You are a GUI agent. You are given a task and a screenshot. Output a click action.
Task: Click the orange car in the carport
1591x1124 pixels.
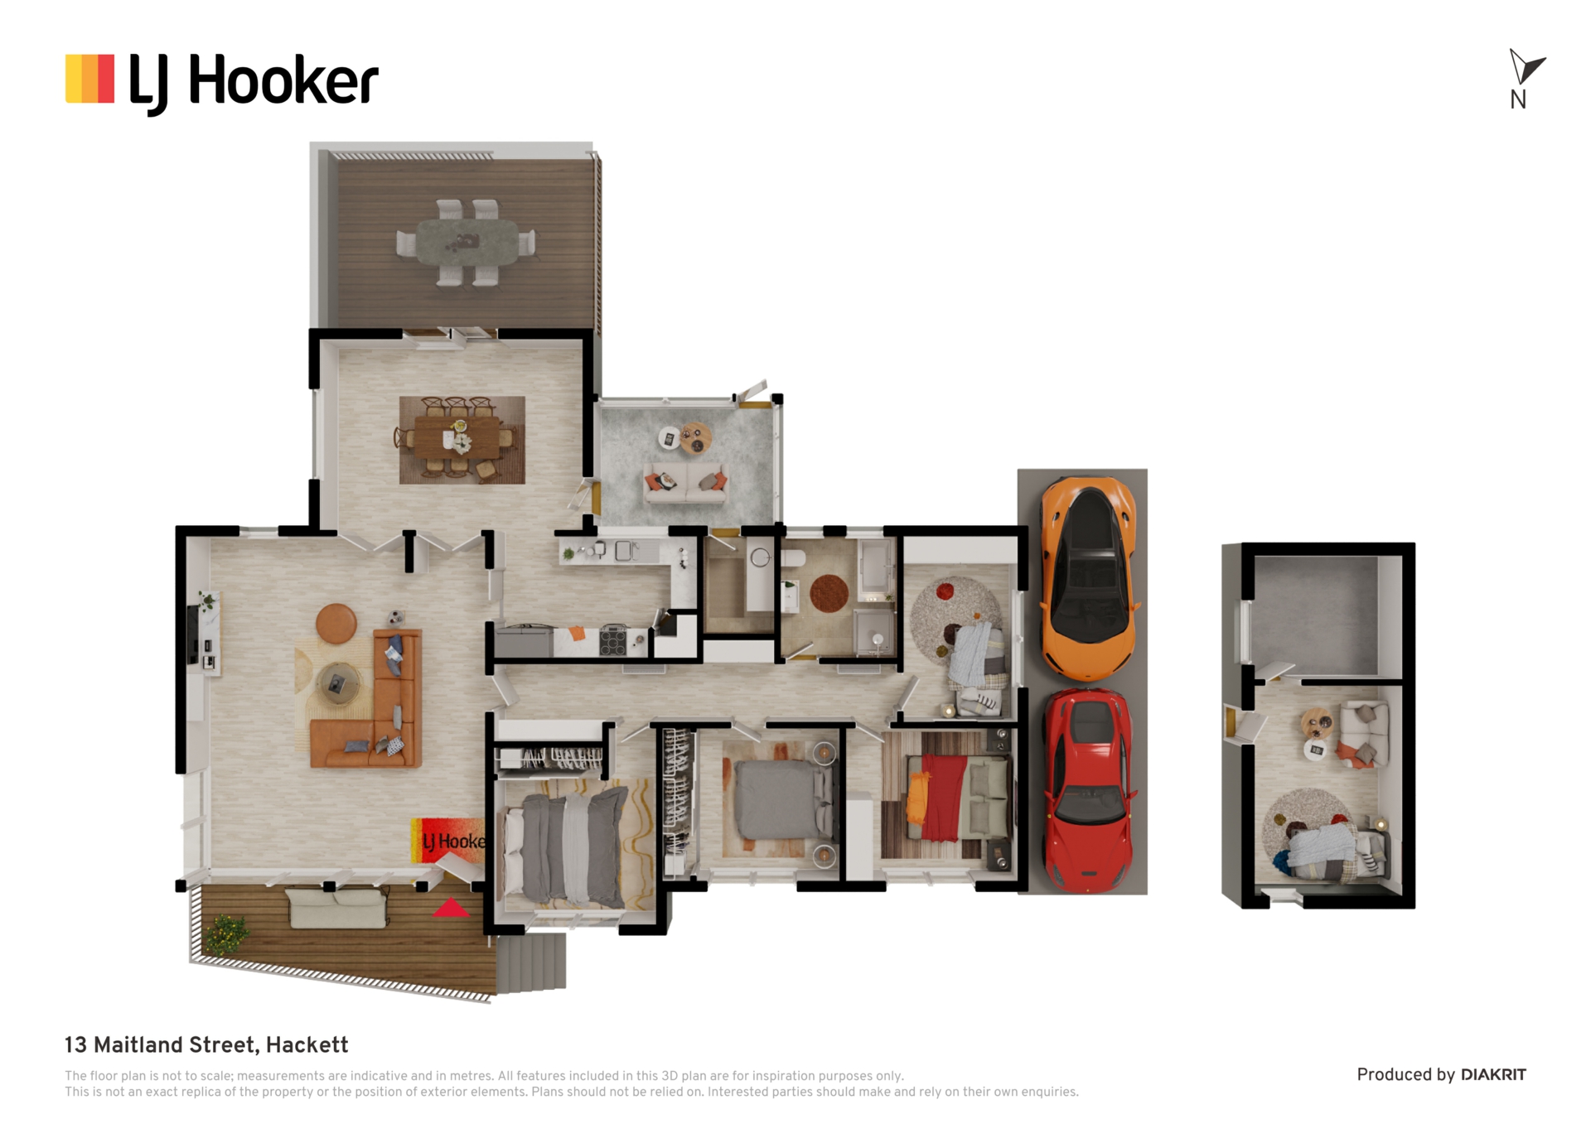point(1088,577)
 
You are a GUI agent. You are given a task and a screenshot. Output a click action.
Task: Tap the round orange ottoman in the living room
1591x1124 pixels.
point(336,623)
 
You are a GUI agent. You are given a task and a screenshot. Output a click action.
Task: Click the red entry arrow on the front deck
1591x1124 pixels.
point(451,908)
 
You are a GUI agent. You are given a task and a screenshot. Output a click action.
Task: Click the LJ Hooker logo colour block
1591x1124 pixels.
point(89,79)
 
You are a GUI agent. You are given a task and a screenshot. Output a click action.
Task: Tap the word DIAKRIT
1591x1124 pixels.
point(1493,1075)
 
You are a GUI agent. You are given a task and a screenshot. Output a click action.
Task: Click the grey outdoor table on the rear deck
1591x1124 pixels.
point(467,242)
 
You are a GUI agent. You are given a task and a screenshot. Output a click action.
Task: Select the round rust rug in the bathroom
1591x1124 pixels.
point(829,593)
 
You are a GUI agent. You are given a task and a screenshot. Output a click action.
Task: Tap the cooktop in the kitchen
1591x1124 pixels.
point(613,640)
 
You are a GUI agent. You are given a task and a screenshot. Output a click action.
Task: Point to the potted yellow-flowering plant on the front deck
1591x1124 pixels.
point(225,934)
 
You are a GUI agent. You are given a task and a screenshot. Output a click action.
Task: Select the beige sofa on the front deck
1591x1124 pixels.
point(337,908)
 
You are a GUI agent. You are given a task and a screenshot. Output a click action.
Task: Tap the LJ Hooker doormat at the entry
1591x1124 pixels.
point(448,841)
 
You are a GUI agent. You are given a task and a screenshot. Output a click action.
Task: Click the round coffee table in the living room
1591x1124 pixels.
point(337,684)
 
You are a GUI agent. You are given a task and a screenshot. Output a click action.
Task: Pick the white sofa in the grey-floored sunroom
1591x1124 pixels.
point(686,483)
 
